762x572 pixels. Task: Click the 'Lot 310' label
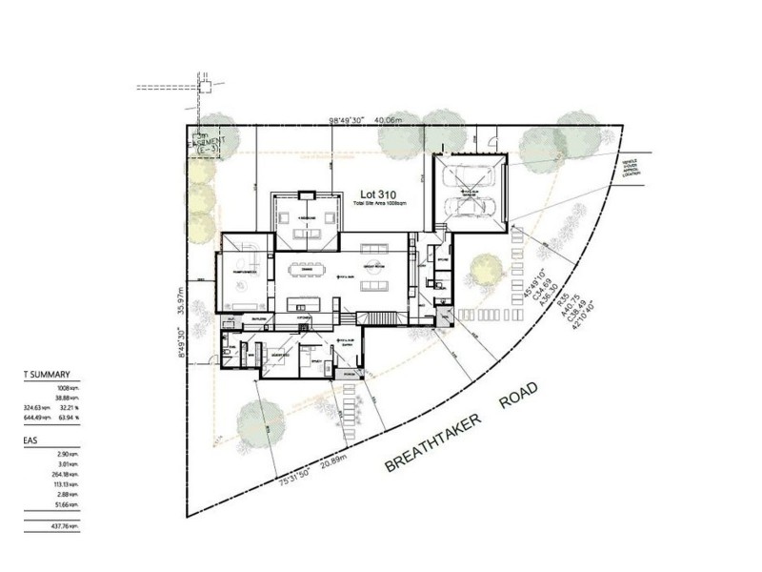372,191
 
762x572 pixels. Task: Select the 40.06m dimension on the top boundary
390,121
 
